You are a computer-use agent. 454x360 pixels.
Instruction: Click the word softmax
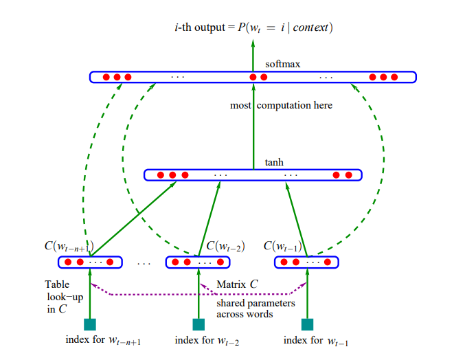tap(282, 64)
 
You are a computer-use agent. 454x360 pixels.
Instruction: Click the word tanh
tap(274, 162)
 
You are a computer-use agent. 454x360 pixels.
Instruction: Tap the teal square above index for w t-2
tap(198, 324)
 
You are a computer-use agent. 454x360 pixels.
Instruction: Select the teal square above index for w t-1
tap(307, 324)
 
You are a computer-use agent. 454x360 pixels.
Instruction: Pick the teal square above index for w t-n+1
tap(90, 324)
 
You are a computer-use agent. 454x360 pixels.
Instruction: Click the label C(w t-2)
tap(225, 246)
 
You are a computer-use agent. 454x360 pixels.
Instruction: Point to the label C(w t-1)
tap(282, 246)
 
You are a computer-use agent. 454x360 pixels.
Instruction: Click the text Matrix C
tap(237, 284)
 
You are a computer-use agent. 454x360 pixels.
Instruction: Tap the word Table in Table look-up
tap(57, 284)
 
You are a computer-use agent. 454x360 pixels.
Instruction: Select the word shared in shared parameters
tap(230, 303)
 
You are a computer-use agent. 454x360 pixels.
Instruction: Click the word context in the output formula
tap(310, 27)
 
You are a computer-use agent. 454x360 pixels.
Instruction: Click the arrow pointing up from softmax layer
tap(253, 56)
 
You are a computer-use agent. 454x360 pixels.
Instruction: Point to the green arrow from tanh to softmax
tap(253, 126)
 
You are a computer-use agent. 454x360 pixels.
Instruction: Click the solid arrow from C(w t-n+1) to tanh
tap(133, 219)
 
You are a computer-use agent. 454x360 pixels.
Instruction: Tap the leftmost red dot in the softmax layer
tap(106, 77)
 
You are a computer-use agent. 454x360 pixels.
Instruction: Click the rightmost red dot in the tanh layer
tap(349, 175)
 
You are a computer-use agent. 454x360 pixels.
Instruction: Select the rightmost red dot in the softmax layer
tap(394, 77)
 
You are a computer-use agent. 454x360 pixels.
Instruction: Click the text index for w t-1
tap(316, 341)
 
